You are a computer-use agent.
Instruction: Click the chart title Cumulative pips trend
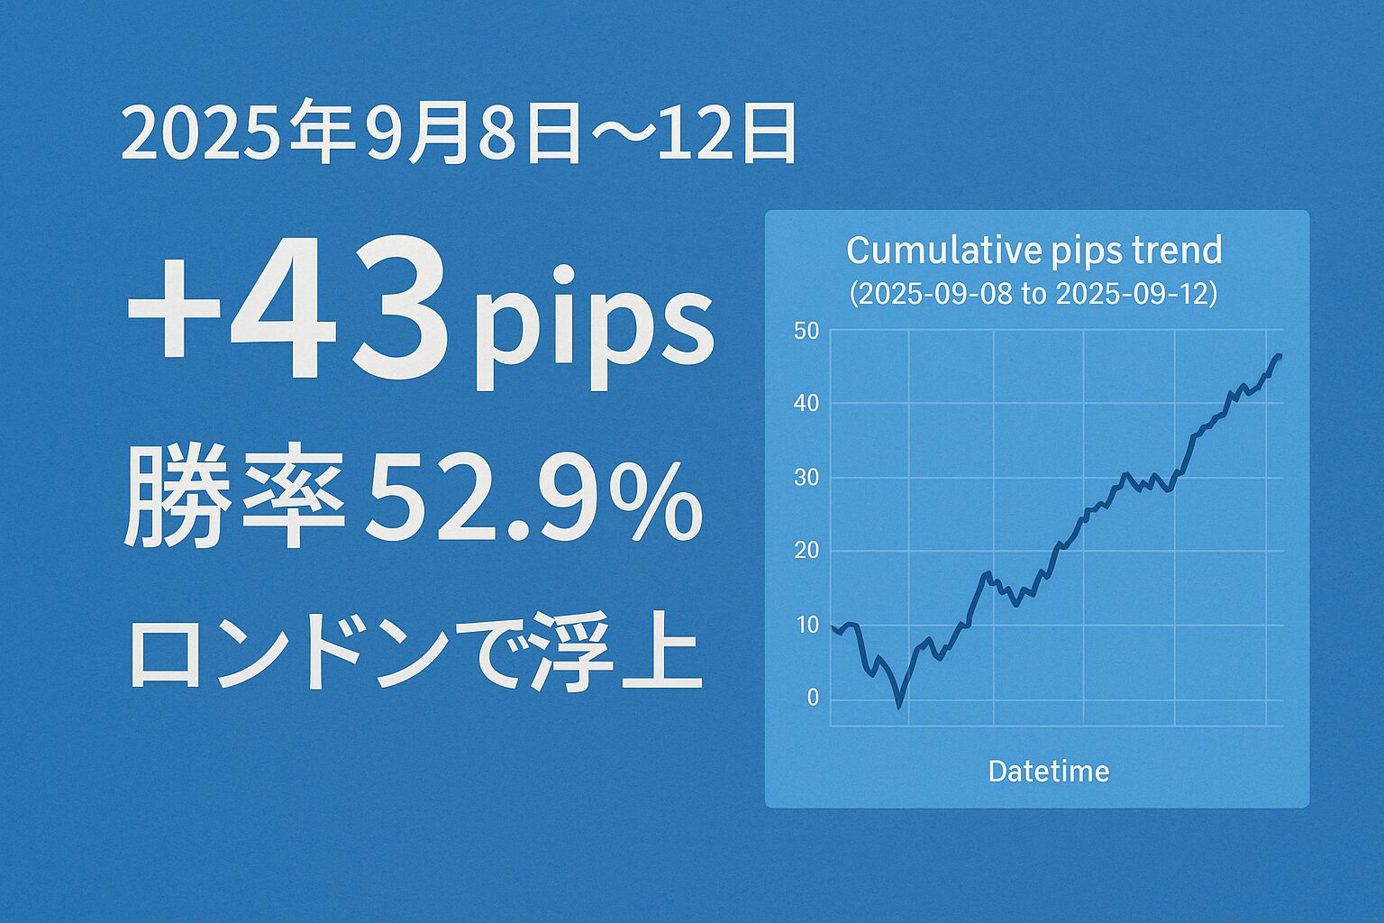pos(1034,251)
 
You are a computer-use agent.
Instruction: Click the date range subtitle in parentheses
pos(1033,294)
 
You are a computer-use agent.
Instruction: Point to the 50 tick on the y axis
pos(806,332)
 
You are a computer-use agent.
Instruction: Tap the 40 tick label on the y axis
pos(806,404)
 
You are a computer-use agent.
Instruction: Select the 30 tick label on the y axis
pos(806,477)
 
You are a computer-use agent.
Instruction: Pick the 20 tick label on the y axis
pos(806,550)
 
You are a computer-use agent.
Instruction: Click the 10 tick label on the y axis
pos(806,625)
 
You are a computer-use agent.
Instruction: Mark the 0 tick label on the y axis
pos(813,698)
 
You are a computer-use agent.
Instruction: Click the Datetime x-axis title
pos(1049,772)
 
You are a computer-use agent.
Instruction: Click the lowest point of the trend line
pos(898,707)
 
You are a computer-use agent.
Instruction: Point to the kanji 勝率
pos(234,495)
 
